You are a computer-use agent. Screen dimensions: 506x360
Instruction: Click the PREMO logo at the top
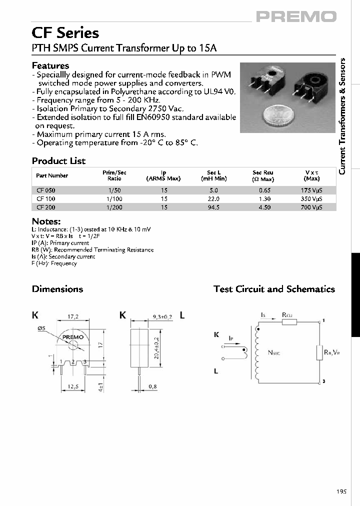tap(296, 16)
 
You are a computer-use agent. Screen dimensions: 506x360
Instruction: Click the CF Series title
tap(65, 33)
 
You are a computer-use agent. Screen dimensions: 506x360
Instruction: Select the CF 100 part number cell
tap(43, 199)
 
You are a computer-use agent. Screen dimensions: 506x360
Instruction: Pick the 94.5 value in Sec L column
tap(213, 207)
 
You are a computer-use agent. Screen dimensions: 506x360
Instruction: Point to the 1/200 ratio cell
tap(114, 207)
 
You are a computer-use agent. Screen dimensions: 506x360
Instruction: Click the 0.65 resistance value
tap(263, 190)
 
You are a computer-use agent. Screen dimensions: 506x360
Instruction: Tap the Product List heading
tap(58, 161)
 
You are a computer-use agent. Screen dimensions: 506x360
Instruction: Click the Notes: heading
tap(46, 221)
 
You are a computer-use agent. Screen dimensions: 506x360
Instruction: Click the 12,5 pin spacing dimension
tap(73, 386)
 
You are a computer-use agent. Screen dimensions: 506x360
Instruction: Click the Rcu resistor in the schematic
tap(289, 321)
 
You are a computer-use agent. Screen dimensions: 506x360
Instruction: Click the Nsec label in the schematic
tap(274, 352)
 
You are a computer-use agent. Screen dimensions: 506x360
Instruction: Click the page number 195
tap(341, 492)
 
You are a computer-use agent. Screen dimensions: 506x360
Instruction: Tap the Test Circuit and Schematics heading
tap(274, 289)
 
